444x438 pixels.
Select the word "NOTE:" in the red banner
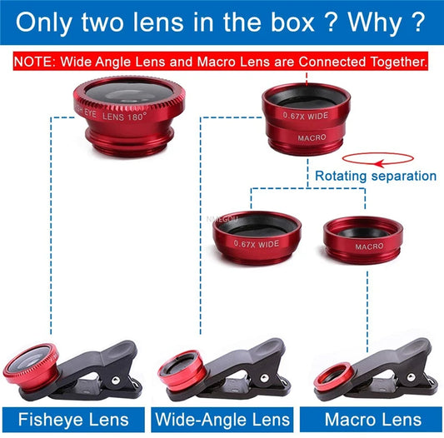click(x=36, y=62)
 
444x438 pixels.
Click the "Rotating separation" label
click(x=375, y=176)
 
